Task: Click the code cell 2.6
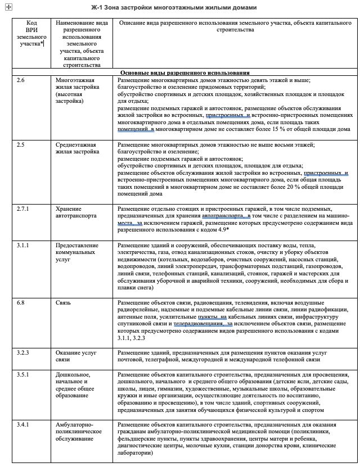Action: [x=21, y=81]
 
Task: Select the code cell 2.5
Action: [x=21, y=144]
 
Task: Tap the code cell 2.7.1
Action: [x=22, y=208]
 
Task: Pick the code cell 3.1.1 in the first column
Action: [x=22, y=246]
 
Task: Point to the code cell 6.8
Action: [x=21, y=303]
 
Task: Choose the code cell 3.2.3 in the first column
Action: [x=22, y=352]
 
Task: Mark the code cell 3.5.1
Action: [x=22, y=374]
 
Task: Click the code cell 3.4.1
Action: [x=22, y=425]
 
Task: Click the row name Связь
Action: [x=62, y=303]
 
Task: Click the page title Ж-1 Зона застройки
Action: [x=174, y=8]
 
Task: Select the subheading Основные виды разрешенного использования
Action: [x=185, y=72]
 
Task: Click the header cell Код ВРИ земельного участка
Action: [x=30, y=34]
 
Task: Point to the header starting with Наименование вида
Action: [x=82, y=42]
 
